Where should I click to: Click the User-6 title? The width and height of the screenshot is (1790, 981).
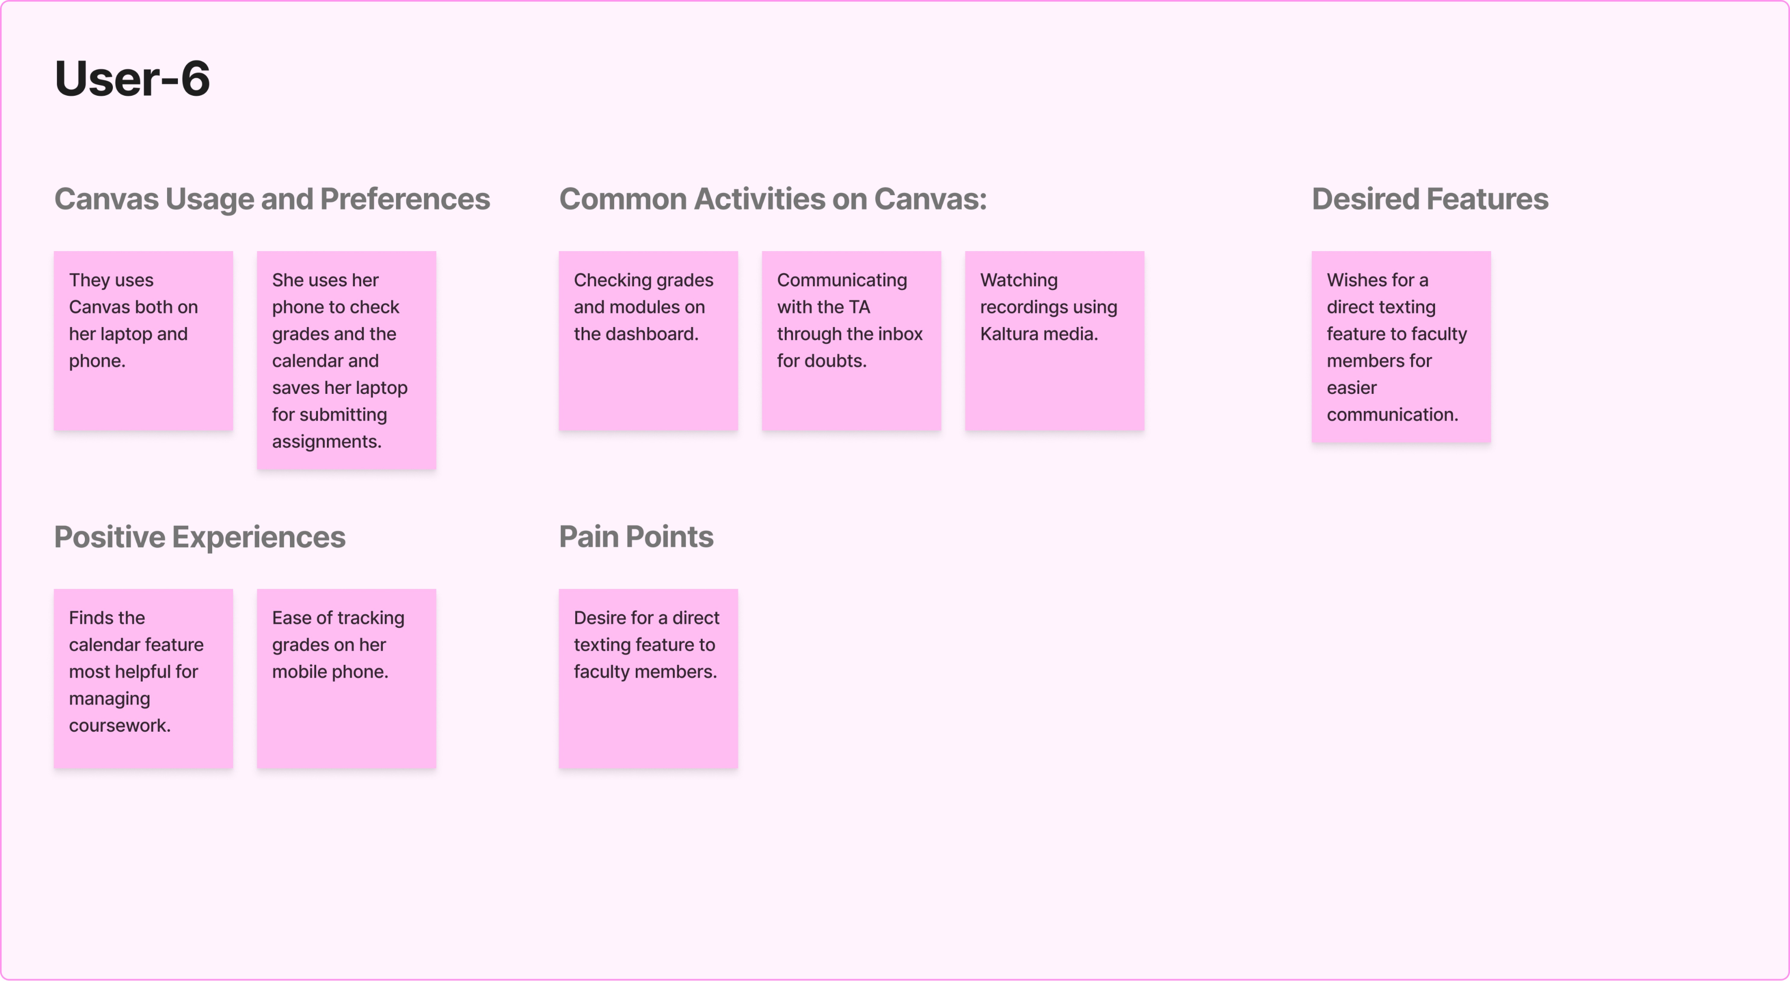tap(132, 79)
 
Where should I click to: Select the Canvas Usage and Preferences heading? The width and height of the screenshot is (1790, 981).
tap(272, 200)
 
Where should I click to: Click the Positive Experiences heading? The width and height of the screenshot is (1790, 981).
tap(199, 537)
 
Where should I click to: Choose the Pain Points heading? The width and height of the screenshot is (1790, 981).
tap(636, 537)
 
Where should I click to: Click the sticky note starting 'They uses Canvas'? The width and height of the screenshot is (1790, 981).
tap(143, 341)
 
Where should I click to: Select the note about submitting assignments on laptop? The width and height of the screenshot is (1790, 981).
tap(346, 360)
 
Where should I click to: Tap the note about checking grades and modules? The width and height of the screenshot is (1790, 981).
tap(648, 341)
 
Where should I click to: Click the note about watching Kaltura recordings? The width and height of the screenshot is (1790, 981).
tap(1054, 341)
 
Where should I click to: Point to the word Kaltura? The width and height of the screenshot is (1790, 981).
tap(1008, 335)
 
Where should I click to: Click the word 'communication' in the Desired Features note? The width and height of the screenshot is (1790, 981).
tap(1391, 415)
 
